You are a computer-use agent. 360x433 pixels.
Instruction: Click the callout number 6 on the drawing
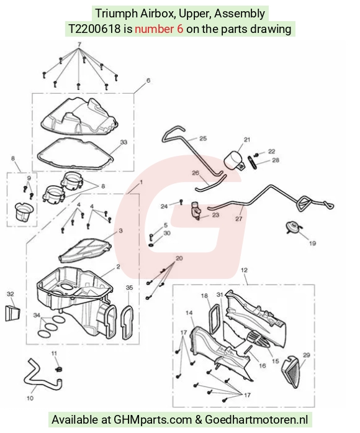click(148, 80)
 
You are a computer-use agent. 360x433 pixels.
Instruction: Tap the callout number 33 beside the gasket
click(124, 142)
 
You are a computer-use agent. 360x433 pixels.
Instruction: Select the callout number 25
click(203, 139)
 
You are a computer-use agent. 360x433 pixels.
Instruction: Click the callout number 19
click(312, 244)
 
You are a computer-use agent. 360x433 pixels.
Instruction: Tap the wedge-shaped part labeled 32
click(13, 313)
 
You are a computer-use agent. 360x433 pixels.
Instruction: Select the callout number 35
click(129, 288)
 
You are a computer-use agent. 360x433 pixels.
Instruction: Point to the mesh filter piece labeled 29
click(292, 372)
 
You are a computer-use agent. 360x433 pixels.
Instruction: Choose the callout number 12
click(245, 270)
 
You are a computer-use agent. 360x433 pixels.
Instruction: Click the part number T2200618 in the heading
click(94, 29)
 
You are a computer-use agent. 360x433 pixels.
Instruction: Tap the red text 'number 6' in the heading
click(159, 29)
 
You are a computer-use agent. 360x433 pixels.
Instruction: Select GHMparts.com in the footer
click(153, 420)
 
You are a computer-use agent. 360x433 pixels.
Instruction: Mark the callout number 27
click(239, 219)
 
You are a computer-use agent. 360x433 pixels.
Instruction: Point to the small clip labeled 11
click(59, 369)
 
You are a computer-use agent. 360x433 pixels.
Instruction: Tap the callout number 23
click(215, 215)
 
